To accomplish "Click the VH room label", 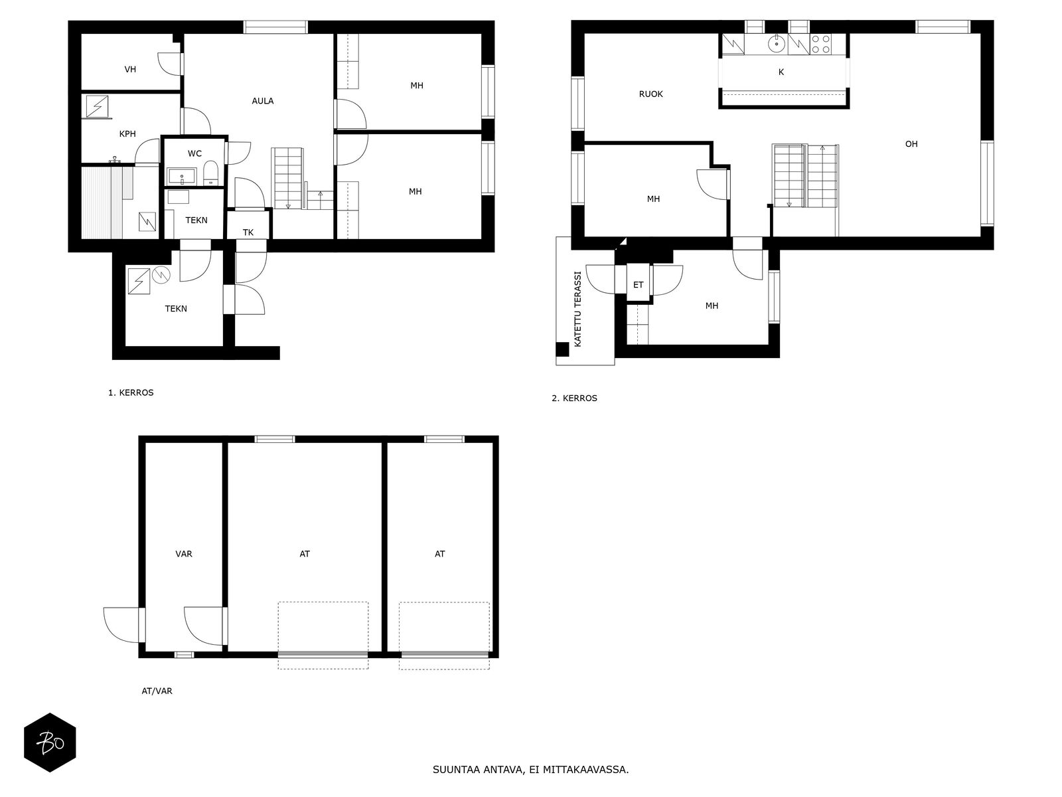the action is pos(130,69).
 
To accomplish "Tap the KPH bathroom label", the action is pos(127,133).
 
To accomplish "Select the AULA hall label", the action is pos(263,101).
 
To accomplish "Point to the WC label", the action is pos(194,153).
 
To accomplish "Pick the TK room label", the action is pos(248,232).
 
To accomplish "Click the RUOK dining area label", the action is pos(650,94).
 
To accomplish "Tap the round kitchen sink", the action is pos(777,44).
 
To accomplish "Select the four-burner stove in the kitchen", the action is pos(820,44).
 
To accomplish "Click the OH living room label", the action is pos(911,143).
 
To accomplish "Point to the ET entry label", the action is pos(638,284).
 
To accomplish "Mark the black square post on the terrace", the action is pos(562,349).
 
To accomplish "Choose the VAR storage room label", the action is pos(184,554).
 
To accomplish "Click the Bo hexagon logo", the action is pos(50,743).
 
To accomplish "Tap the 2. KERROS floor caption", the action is pos(574,398).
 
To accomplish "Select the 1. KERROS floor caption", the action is pos(131,393).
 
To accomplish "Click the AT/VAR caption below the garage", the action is pos(157,691).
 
